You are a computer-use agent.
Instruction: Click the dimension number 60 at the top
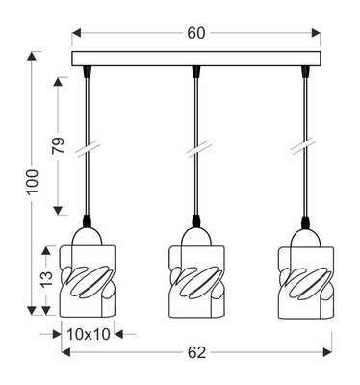(x=195, y=33)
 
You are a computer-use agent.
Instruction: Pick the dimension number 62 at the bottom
(x=196, y=352)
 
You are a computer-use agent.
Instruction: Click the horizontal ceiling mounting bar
(x=195, y=59)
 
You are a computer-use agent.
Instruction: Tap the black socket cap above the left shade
(x=88, y=222)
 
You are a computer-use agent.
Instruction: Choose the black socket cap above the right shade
(x=305, y=222)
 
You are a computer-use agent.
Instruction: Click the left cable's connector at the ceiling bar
(x=88, y=71)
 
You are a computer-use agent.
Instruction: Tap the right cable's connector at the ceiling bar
(x=305, y=71)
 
